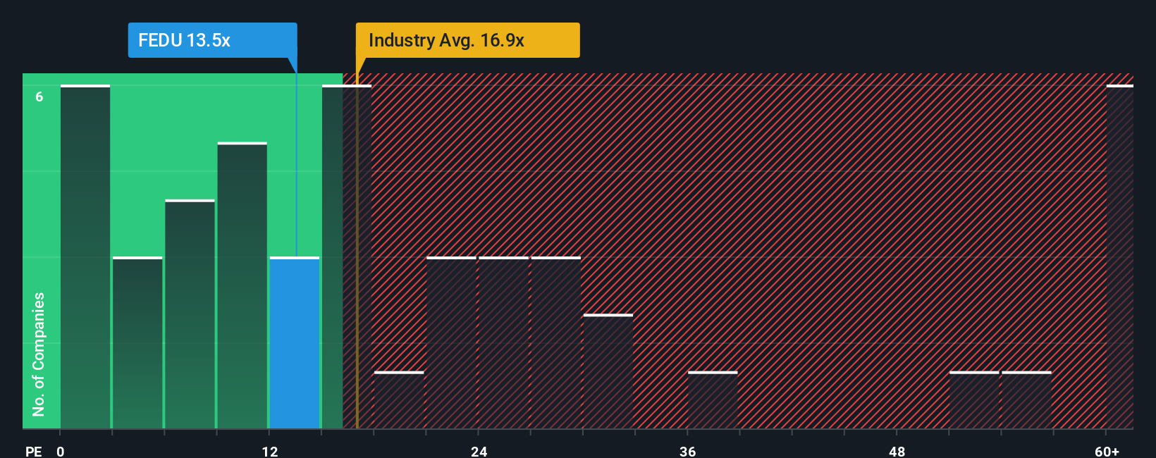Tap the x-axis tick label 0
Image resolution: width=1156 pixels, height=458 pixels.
point(61,451)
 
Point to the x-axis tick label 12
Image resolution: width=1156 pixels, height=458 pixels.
point(270,451)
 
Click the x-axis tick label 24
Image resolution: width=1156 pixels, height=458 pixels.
point(479,451)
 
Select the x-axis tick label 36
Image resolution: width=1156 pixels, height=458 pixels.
point(687,451)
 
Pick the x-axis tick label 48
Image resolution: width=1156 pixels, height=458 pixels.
point(897,451)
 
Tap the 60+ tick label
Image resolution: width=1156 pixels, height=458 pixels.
point(1107,451)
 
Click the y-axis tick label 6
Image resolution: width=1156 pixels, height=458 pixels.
point(39,97)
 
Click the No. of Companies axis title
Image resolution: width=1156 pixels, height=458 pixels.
point(38,354)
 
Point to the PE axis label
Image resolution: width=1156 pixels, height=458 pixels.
point(34,451)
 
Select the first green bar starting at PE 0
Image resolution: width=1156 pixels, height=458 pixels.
point(85,257)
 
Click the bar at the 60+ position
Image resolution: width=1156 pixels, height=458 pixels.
point(1119,257)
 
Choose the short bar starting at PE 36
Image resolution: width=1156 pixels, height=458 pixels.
point(713,400)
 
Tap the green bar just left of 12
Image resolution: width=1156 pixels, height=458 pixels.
point(242,285)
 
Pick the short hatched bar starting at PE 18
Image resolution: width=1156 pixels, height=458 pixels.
point(399,400)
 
